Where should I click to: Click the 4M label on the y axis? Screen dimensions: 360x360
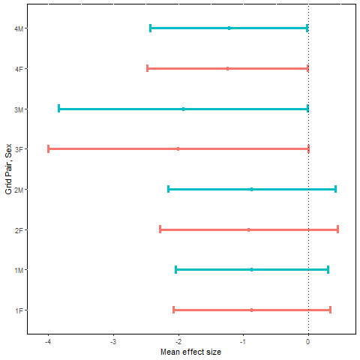click(x=18, y=28)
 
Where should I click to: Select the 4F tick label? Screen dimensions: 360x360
click(x=18, y=69)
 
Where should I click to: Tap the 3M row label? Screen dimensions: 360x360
click(x=18, y=109)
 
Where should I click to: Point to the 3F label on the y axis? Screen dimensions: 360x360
click(x=18, y=149)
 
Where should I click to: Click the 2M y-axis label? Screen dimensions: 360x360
click(x=18, y=190)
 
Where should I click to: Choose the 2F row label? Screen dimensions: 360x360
click(x=18, y=229)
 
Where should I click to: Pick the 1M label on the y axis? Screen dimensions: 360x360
click(x=18, y=270)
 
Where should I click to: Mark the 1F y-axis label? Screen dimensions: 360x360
click(x=18, y=310)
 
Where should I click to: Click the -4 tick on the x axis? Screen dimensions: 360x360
click(x=47, y=342)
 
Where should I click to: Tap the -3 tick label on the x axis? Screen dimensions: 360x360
click(x=112, y=342)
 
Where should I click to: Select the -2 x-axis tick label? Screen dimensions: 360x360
click(x=177, y=342)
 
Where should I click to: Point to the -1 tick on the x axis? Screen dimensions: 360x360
click(x=242, y=342)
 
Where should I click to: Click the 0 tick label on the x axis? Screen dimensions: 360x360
click(x=308, y=342)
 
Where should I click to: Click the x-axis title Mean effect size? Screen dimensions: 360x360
click(x=190, y=352)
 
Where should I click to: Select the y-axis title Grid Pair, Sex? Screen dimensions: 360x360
click(x=7, y=169)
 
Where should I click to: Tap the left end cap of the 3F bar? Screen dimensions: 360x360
click(x=49, y=149)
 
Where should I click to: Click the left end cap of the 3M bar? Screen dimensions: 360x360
click(x=59, y=109)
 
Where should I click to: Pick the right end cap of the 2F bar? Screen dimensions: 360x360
click(x=337, y=229)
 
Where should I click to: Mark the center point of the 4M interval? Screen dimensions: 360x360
click(x=229, y=28)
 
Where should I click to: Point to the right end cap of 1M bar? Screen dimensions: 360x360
click(x=328, y=269)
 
